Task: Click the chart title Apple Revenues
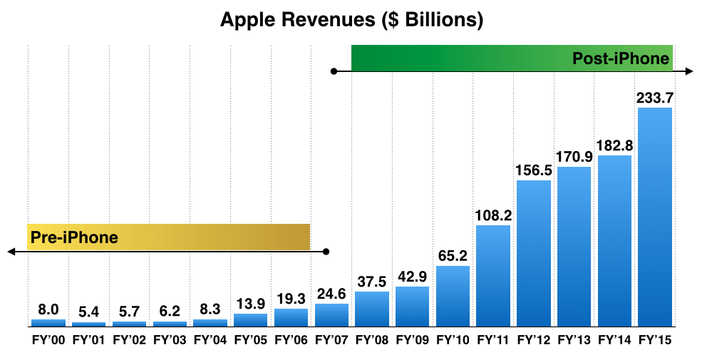pyautogui.click(x=352, y=20)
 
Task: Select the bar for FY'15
pyautogui.click(x=655, y=217)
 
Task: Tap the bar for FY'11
pyautogui.click(x=493, y=276)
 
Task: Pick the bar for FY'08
pyautogui.click(x=372, y=309)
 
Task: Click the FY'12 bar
pyautogui.click(x=534, y=253)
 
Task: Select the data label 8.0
pyautogui.click(x=48, y=310)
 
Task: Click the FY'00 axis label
pyautogui.click(x=48, y=340)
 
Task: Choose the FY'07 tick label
pyautogui.click(x=331, y=340)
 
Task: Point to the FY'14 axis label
pyautogui.click(x=614, y=340)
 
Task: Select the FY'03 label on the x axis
pyautogui.click(x=170, y=340)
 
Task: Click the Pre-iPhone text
pyautogui.click(x=74, y=237)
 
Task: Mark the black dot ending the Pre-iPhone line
pyautogui.click(x=326, y=252)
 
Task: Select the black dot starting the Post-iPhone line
pyautogui.click(x=333, y=71)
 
